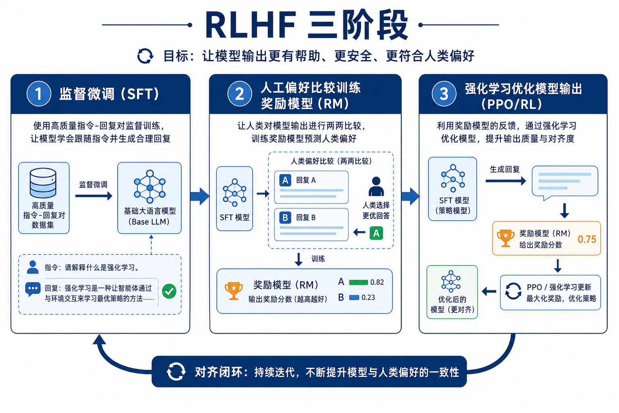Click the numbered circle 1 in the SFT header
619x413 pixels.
click(39, 94)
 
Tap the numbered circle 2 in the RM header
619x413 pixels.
click(240, 94)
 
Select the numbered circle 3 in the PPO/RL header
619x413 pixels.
click(444, 94)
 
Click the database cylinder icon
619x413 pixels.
click(43, 183)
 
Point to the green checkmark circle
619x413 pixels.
click(169, 291)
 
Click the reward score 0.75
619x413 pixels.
click(587, 239)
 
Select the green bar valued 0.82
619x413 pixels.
click(358, 282)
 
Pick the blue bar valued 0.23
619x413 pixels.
click(354, 298)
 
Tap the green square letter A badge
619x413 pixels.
click(376, 233)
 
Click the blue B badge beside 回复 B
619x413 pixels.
click(285, 218)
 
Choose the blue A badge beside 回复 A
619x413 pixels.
click(285, 180)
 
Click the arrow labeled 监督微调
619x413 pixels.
click(93, 196)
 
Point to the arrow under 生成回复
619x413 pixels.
click(505, 181)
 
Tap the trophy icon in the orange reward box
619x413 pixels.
click(505, 238)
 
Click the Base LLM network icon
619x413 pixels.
click(150, 187)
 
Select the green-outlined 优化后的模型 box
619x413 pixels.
click(452, 292)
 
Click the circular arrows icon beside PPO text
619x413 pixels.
click(513, 291)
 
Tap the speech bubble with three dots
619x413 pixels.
click(33, 289)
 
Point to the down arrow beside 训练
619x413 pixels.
click(299, 259)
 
